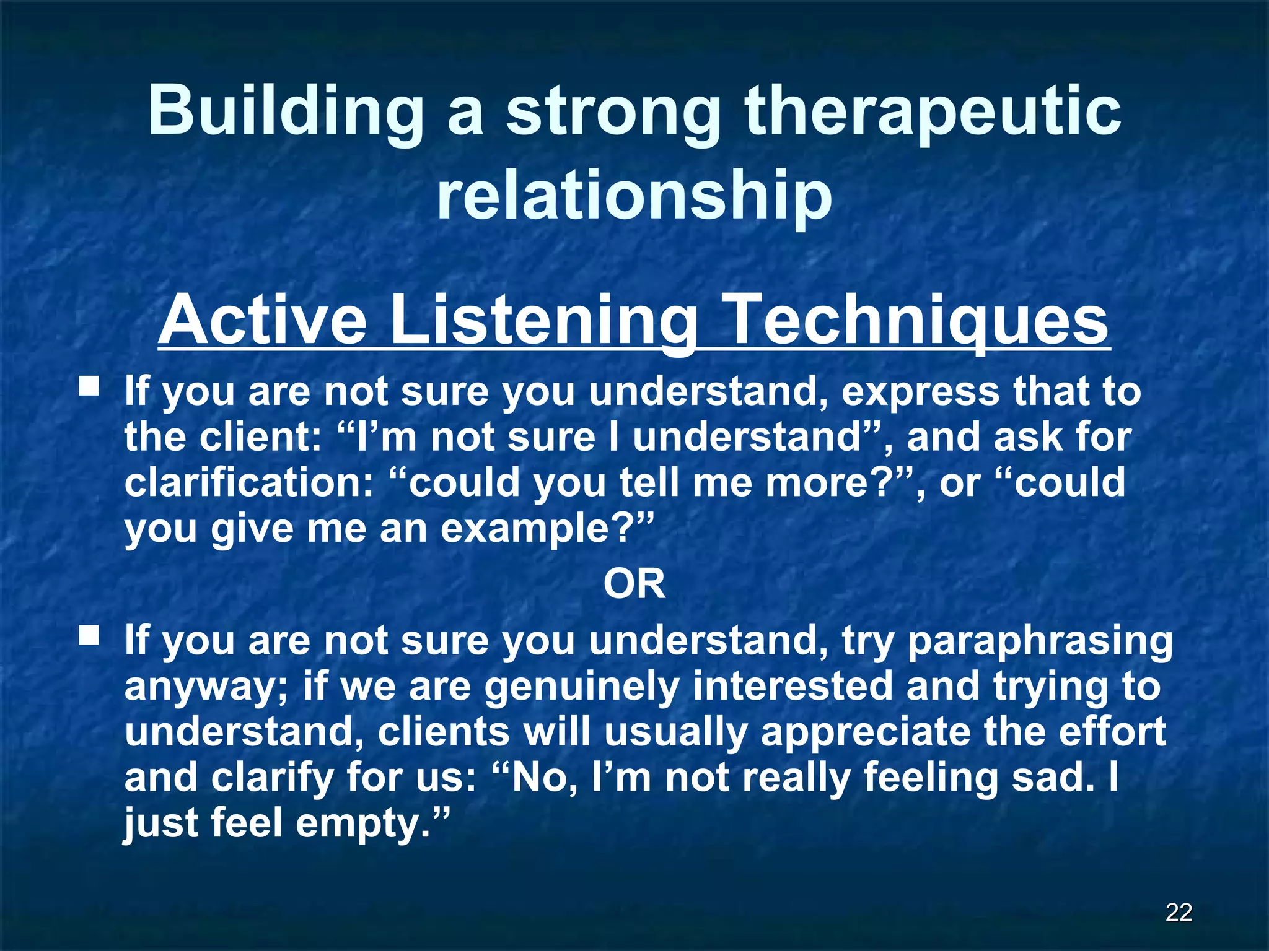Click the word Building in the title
[x=286, y=111]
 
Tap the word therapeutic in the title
[x=933, y=111]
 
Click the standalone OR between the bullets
[x=634, y=584]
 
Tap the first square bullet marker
[x=89, y=388]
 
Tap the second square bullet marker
[x=89, y=635]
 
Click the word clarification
[x=248, y=482]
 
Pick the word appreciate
[x=865, y=731]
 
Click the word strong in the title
[x=613, y=111]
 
